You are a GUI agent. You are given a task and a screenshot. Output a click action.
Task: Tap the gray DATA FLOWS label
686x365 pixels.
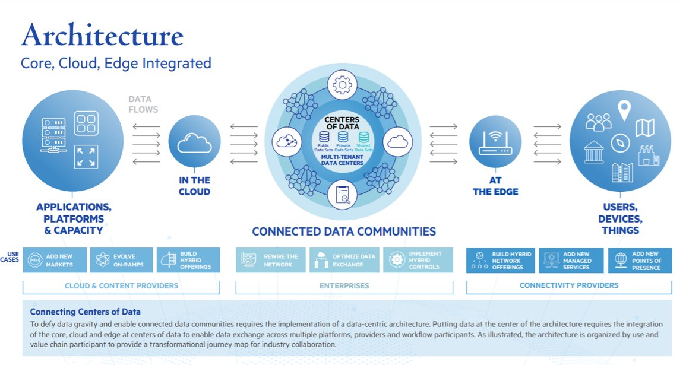(143, 104)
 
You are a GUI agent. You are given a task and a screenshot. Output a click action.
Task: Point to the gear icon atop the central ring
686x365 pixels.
(342, 85)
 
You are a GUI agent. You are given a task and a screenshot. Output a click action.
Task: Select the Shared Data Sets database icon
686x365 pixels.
(363, 138)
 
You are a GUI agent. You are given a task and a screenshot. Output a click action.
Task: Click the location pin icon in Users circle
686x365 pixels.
(623, 110)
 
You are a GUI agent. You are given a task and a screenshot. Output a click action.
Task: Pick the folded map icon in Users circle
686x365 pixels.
(644, 127)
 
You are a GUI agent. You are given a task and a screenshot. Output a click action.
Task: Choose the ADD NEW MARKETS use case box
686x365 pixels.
(55, 260)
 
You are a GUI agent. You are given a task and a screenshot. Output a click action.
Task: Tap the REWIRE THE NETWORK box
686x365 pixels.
(271, 260)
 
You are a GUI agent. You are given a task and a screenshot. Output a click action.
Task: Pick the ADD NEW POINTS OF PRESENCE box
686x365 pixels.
(640, 260)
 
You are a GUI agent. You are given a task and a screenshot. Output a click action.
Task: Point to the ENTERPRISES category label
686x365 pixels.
(344, 285)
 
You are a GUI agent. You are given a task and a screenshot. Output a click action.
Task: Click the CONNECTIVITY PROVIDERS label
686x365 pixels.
(568, 285)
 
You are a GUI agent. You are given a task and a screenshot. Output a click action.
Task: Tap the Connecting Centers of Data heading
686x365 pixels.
(85, 312)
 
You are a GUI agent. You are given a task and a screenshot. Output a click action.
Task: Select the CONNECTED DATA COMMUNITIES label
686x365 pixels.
(343, 231)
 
